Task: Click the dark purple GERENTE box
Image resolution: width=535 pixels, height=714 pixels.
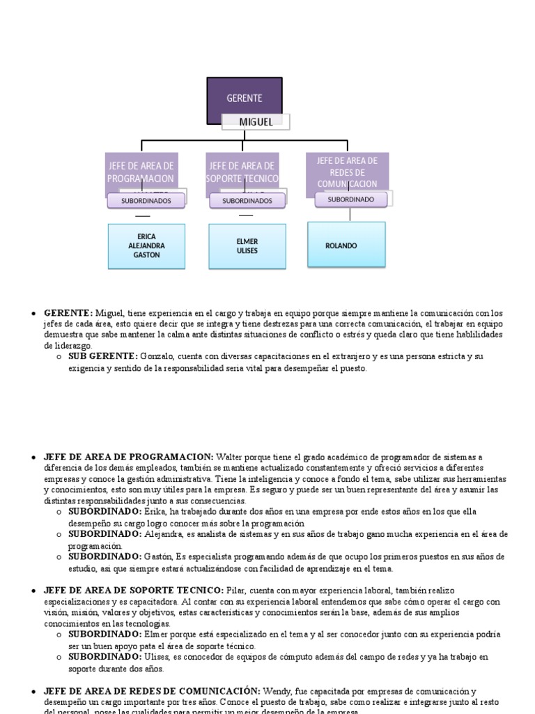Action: tap(245, 98)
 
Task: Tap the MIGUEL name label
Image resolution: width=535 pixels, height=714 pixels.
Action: tap(256, 122)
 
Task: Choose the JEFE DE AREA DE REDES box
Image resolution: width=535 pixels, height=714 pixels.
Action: tap(348, 171)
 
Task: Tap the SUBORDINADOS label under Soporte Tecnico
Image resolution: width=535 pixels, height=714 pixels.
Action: tap(247, 201)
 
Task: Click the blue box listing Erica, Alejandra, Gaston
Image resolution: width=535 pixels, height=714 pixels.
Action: tap(146, 246)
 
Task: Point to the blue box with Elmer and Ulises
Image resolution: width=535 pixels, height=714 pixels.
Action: tap(247, 246)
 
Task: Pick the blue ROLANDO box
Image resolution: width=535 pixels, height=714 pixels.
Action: tap(346, 245)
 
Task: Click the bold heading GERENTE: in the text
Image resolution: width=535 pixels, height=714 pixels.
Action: tap(68, 313)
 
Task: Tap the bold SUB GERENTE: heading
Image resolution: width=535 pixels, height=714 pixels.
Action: tap(102, 356)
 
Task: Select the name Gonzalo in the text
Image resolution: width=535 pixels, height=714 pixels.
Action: tap(156, 356)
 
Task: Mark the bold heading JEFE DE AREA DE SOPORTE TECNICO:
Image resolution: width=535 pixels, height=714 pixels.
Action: tap(134, 591)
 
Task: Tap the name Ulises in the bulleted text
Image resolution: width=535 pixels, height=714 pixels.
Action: tap(157, 657)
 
